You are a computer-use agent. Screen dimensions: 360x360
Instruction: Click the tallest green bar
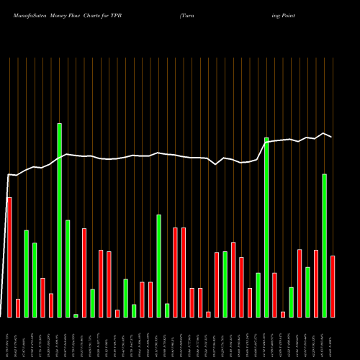pos(59,220)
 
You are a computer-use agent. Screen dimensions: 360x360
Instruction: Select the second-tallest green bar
pos(266,227)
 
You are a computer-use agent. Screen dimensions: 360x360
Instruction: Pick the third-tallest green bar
pos(324,245)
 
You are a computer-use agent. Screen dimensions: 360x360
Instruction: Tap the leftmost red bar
pos(9,257)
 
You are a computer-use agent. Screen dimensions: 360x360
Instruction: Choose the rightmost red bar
pos(333,286)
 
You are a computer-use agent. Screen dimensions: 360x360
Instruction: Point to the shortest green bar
pos(76,315)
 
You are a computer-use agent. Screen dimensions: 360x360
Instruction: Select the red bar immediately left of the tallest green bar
pos(51,305)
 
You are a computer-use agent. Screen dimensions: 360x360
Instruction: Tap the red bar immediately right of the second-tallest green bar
pos(274,294)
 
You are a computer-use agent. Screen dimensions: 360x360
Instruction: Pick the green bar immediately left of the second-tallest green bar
pos(258,294)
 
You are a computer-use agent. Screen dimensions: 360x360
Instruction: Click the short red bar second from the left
pos(18,307)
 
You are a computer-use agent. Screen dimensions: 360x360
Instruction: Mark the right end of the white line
pos(331,137)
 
